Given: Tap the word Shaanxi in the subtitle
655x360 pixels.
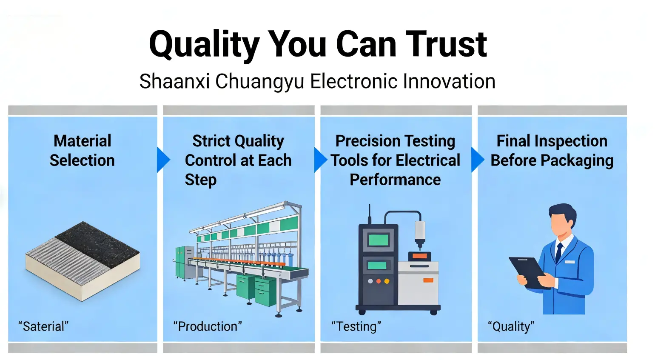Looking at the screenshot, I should (x=174, y=81).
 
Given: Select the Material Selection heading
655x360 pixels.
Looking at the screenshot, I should (x=82, y=151).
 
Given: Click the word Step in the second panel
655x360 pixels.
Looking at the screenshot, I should (x=200, y=180).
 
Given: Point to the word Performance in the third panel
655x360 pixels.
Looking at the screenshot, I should (x=395, y=180).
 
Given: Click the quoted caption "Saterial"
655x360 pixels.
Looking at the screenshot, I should (x=43, y=326).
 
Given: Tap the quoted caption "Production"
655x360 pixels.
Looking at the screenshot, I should (x=207, y=326).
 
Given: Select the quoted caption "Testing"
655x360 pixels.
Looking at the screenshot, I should (x=356, y=326).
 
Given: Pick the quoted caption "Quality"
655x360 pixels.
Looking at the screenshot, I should (x=511, y=326).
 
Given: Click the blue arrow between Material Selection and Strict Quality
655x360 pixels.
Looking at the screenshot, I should (x=163, y=160).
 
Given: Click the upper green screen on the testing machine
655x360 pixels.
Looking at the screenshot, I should (x=378, y=240).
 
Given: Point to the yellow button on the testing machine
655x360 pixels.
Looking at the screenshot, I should (x=387, y=281).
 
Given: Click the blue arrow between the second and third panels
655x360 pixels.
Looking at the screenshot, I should (x=320, y=160).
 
